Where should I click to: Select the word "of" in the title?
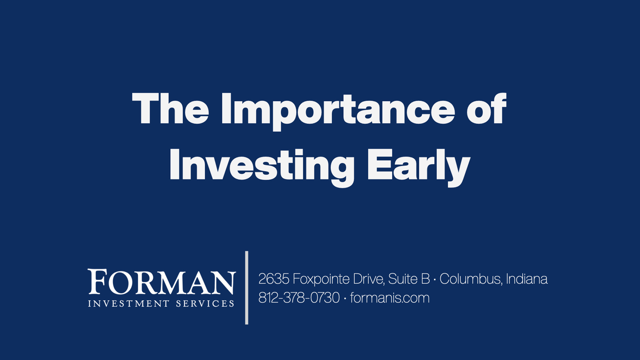486,108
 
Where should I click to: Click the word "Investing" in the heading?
262,168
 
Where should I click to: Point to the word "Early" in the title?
419,168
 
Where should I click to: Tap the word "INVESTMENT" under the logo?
129,303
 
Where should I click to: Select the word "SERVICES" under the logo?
205,303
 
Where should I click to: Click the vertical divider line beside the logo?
247,288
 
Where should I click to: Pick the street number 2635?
274,279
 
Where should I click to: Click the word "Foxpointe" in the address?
321,279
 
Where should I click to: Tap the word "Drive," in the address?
369,279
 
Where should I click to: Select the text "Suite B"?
409,279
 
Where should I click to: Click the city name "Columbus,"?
471,279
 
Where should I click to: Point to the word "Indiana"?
527,279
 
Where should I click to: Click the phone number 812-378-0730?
299,298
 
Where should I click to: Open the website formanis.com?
390,298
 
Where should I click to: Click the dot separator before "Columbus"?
435,279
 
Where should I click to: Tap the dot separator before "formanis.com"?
345,298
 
